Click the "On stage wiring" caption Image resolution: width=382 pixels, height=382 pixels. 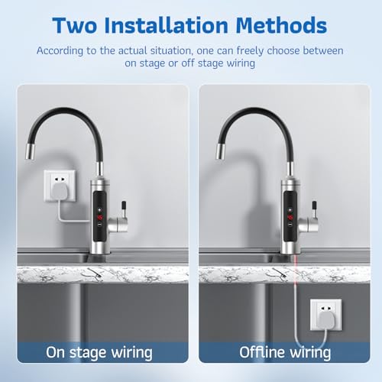pyautogui.click(x=99, y=352)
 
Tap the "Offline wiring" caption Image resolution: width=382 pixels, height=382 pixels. pyautogui.click(x=284, y=352)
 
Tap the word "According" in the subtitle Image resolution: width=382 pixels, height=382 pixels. pyautogui.click(x=84, y=50)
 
